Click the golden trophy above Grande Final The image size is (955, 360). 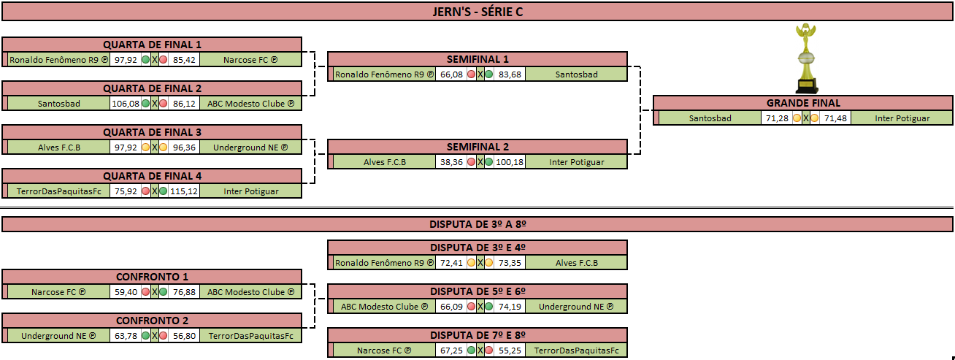pyautogui.click(x=806, y=58)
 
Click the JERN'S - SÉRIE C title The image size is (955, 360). pyautogui.click(x=478, y=12)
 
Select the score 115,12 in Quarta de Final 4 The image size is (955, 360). pyautogui.click(x=184, y=191)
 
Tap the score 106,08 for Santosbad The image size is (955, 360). pyautogui.click(x=126, y=104)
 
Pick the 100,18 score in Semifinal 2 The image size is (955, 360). pyautogui.click(x=510, y=162)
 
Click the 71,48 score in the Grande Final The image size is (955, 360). pyautogui.click(x=835, y=118)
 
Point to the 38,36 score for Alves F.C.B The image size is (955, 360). pyautogui.click(x=451, y=162)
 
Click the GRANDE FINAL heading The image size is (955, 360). pyautogui.click(x=803, y=103)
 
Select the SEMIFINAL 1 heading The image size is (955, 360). pyautogui.click(x=478, y=59)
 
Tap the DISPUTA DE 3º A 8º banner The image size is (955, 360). pyautogui.click(x=478, y=224)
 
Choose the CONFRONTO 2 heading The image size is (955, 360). pyautogui.click(x=152, y=321)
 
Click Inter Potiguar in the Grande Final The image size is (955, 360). pyautogui.click(x=902, y=118)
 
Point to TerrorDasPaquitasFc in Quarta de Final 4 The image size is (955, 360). pyautogui.click(x=59, y=191)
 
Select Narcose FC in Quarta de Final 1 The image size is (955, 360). pyautogui.click(x=250, y=60)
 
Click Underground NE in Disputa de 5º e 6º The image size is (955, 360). pyautogui.click(x=576, y=307)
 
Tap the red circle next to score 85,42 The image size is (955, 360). pyautogui.click(x=164, y=60)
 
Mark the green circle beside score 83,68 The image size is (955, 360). pyautogui.click(x=489, y=74)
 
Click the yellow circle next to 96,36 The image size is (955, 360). pyautogui.click(x=164, y=148)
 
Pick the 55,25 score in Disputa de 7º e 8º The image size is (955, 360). pyautogui.click(x=510, y=351)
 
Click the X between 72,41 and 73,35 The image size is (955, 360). pyautogui.click(x=480, y=263)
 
